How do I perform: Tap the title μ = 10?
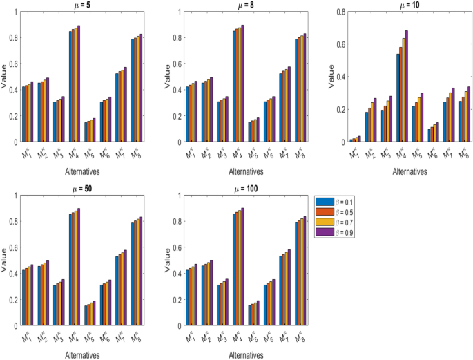coord(396,4)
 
